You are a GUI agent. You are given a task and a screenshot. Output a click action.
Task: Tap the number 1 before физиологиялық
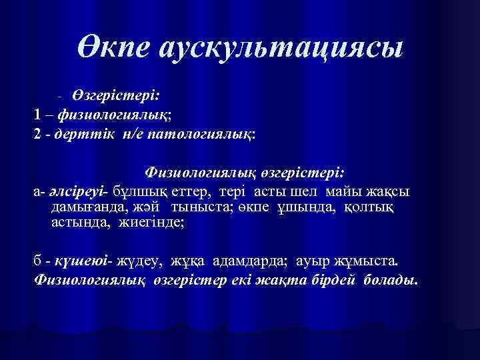(x=38, y=114)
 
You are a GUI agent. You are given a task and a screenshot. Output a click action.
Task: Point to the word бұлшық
(x=138, y=191)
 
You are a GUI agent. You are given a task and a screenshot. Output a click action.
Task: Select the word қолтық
(x=371, y=207)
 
